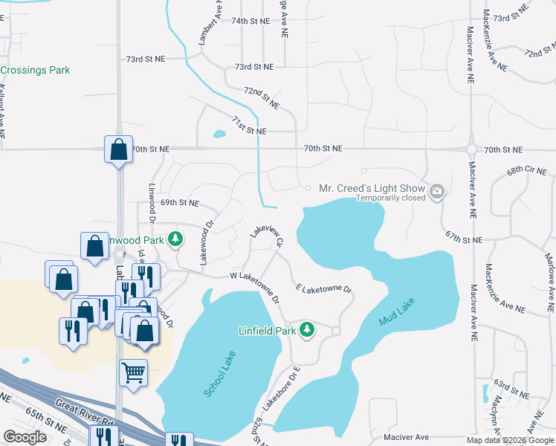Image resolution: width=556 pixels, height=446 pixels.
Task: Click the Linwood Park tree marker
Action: point(175,239)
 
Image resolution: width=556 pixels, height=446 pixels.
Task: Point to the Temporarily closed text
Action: point(390,198)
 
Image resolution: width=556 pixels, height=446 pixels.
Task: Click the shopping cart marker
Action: point(133,372)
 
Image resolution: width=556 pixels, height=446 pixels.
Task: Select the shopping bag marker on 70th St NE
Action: point(118,149)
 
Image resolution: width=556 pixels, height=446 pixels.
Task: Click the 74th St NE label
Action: point(250,22)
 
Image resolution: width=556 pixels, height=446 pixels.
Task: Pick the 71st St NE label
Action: point(248,126)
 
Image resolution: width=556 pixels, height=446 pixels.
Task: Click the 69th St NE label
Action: point(179,202)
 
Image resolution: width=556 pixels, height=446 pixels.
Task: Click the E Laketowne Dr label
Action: point(323,288)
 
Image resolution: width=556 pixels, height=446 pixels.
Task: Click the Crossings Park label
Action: point(35,70)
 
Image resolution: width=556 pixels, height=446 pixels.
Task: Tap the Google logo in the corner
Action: point(25,437)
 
